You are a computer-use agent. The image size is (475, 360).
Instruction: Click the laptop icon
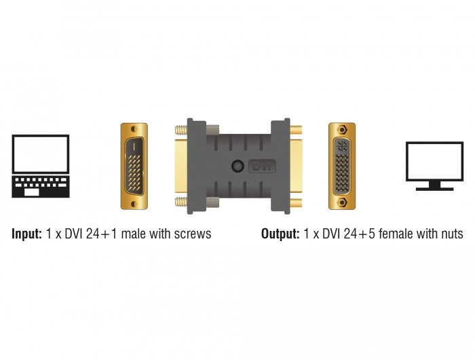click(x=41, y=166)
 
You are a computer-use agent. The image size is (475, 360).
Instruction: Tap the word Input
click(x=26, y=234)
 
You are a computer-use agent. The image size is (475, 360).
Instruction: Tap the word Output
click(x=280, y=234)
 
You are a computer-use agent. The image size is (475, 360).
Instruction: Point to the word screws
click(x=192, y=234)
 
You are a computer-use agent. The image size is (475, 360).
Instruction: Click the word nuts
click(x=451, y=234)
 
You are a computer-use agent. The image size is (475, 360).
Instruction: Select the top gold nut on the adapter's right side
click(x=297, y=129)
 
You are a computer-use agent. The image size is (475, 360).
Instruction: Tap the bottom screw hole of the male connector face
click(x=134, y=202)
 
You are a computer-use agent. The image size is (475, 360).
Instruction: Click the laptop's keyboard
click(x=41, y=185)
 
